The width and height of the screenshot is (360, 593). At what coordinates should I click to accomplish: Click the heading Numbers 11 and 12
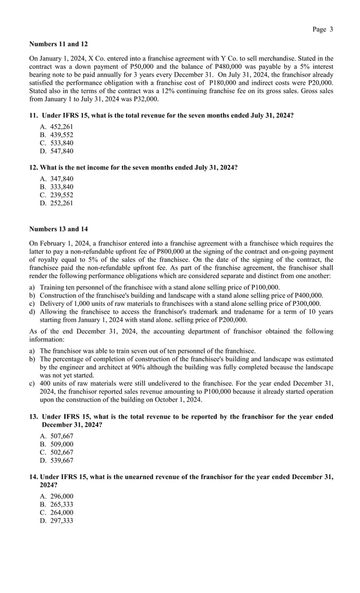58,43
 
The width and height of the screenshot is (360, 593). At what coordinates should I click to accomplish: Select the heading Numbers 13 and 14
58,229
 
